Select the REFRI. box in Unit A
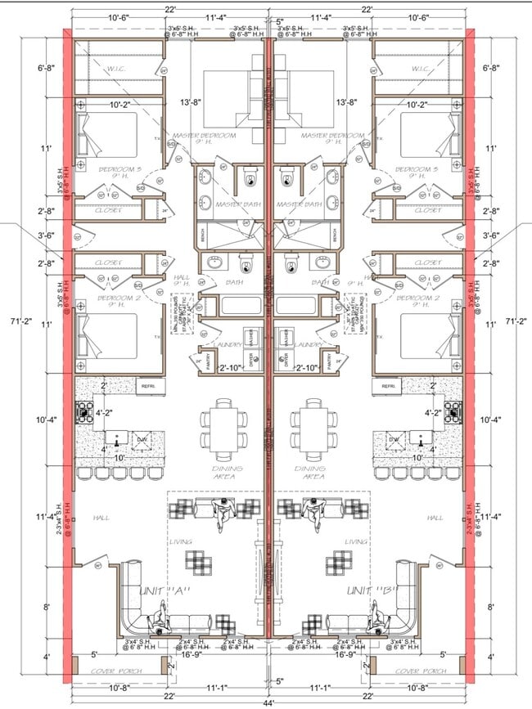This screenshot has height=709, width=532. click(148, 385)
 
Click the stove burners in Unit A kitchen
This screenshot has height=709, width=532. click(86, 411)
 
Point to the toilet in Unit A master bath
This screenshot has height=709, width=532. click(250, 178)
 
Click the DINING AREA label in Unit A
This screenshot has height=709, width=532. click(221, 471)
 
